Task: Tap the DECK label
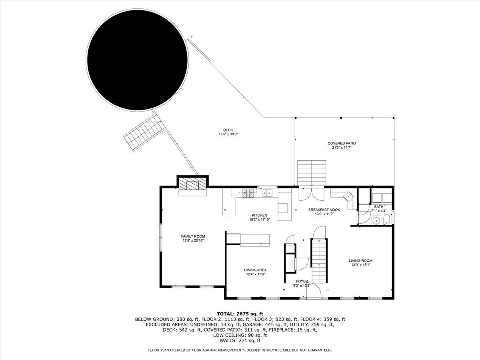(228, 130)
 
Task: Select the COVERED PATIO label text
(342, 143)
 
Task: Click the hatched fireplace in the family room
(192, 184)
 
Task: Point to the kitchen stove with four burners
(248, 194)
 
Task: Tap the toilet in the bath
(386, 220)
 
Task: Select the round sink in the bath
(376, 220)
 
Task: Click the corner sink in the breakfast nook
(349, 197)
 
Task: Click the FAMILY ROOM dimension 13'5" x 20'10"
(193, 241)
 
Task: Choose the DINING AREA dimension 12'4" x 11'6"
(256, 274)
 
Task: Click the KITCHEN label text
(259, 215)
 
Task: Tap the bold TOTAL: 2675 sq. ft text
(240, 314)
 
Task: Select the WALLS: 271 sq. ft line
(240, 340)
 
